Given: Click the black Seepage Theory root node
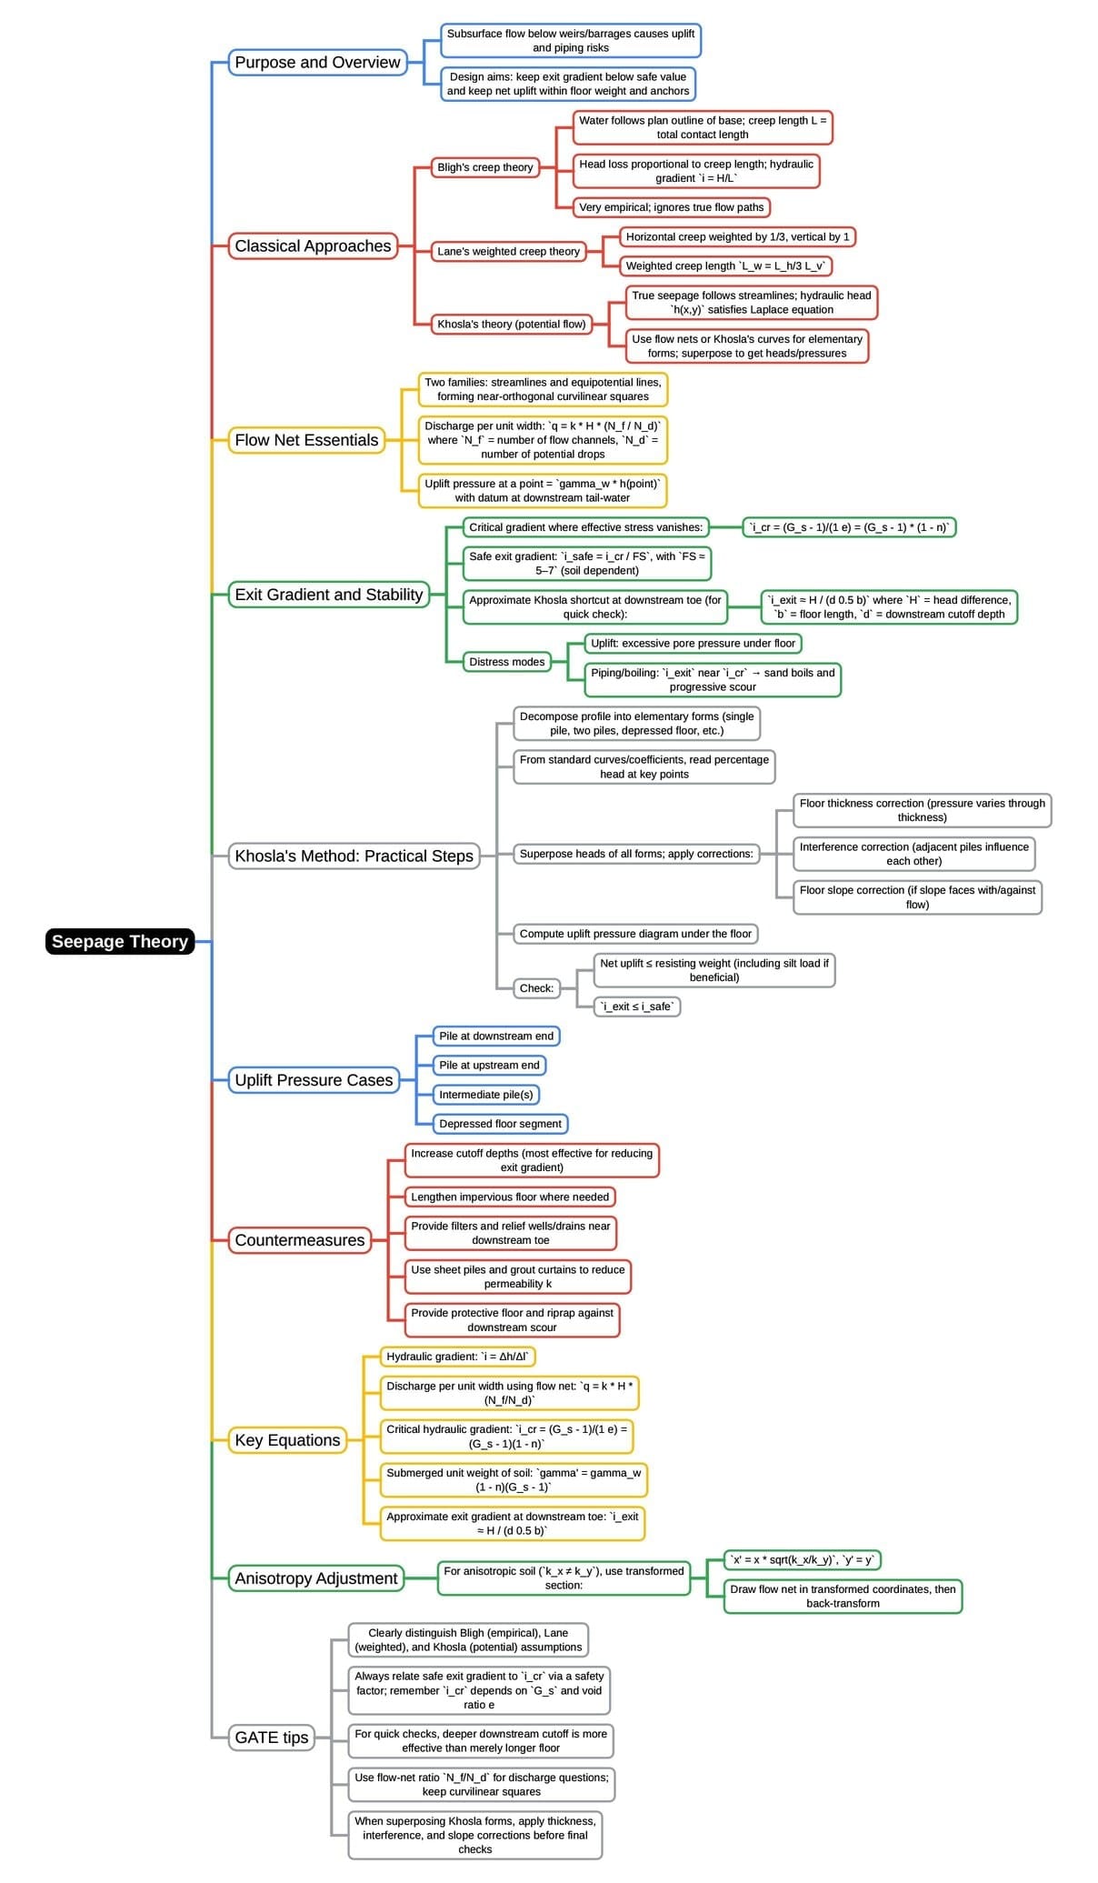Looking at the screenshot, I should [x=119, y=941].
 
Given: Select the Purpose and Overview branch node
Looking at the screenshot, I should [x=317, y=62].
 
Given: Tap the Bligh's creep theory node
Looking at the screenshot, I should [x=484, y=167].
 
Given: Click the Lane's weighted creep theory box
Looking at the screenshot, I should [x=508, y=251].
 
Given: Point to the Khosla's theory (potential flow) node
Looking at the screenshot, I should [x=511, y=324].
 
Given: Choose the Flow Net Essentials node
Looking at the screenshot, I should [x=306, y=440].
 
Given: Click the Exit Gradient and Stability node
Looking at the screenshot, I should [x=328, y=595].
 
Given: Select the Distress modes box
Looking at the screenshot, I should [x=506, y=662].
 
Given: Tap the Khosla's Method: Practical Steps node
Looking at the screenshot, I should [x=354, y=856].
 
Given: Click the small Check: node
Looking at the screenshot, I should [x=536, y=988].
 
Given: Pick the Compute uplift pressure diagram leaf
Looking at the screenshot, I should [x=635, y=934].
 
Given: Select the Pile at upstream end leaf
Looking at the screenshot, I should [x=489, y=1065].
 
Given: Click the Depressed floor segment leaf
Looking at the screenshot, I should [x=500, y=1124].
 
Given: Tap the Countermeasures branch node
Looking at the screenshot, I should [x=299, y=1240].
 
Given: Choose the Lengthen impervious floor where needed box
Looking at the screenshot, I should [x=510, y=1197].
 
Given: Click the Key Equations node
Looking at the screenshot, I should [x=287, y=1440].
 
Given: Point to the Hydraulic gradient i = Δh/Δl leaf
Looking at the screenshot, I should [x=457, y=1357].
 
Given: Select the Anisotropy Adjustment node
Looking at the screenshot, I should [x=316, y=1578].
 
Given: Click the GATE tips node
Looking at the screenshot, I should [x=271, y=1738].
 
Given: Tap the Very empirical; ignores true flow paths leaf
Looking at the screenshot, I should [x=671, y=207].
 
